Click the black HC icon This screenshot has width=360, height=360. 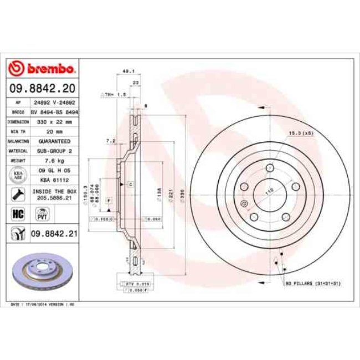click(17, 212)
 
